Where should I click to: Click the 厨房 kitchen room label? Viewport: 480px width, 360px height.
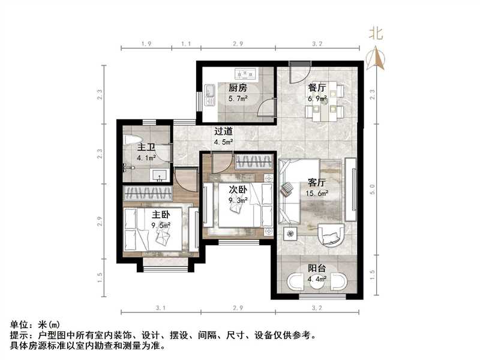coord(237,87)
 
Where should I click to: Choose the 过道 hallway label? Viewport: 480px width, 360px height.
coord(224,131)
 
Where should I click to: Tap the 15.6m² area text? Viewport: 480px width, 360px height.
coord(317,193)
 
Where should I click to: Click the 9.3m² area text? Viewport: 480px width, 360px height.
coord(238,200)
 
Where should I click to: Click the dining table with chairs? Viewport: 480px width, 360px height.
coord(324,102)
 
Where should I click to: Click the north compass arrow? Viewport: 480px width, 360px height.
coord(377,58)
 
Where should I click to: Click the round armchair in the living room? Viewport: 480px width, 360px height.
coord(329,235)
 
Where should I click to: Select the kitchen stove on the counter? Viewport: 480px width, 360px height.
coord(246,74)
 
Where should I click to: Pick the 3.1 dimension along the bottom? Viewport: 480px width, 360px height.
coord(160,307)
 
